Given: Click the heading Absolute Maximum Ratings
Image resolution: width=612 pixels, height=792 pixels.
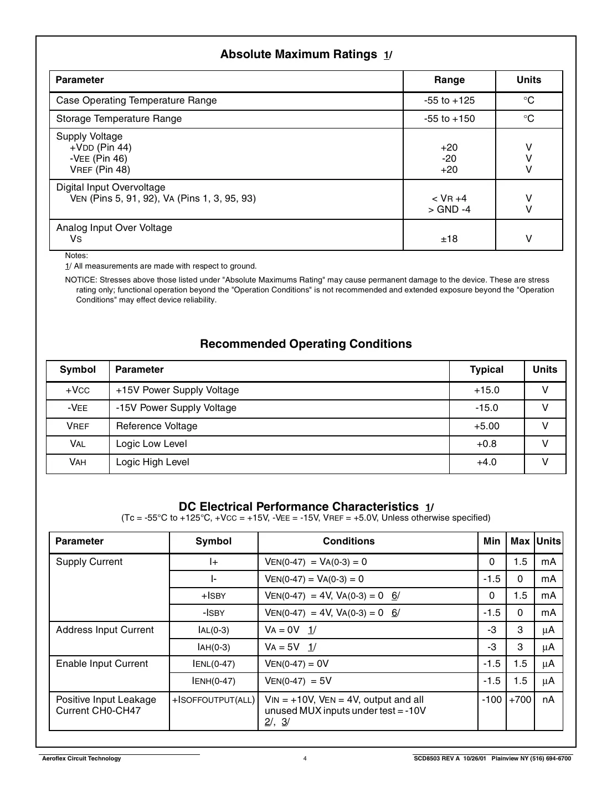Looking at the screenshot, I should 299,54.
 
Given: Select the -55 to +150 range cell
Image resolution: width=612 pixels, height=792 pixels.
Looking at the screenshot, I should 449,119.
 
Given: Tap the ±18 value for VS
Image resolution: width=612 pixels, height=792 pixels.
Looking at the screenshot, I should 449,239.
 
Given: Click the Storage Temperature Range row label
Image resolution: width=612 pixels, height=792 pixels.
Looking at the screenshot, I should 119,119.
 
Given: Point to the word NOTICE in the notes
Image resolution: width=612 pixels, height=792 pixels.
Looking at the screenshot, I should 81,280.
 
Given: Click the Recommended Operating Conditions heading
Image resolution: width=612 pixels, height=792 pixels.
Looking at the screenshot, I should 306,344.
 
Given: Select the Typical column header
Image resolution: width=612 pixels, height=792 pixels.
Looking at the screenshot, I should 486,370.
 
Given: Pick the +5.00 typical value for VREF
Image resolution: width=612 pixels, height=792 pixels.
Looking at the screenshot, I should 486,426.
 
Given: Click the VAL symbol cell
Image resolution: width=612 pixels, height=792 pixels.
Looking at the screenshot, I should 78,444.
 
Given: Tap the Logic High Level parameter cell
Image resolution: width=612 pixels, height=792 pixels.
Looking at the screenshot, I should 152,462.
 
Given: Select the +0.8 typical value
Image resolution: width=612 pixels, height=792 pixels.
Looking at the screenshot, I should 486,444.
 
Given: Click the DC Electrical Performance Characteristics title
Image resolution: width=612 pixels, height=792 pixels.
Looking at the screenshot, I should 299,507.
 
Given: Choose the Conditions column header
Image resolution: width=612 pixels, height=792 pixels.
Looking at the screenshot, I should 348,542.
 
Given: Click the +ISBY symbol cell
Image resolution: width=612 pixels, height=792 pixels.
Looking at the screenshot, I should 213,596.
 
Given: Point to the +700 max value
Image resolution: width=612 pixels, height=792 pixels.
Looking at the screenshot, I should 520,700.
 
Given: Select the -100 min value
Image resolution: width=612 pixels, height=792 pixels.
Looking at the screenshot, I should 491,700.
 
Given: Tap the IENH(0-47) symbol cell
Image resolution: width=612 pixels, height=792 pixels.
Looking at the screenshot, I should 213,681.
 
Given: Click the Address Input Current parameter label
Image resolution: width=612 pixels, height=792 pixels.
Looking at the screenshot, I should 105,630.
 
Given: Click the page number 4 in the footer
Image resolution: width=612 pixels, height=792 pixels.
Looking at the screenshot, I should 305,759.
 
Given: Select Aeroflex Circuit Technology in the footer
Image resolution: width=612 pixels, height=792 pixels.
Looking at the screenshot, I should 81,759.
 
